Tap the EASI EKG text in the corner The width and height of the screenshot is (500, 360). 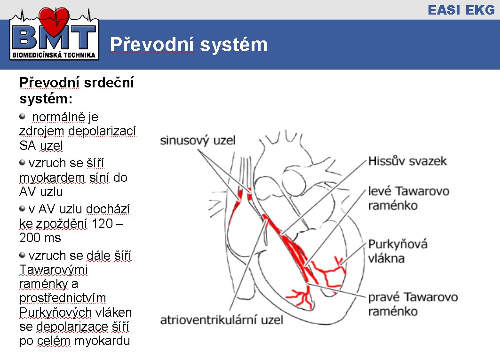(x=461, y=10)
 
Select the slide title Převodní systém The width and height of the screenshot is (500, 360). (x=189, y=45)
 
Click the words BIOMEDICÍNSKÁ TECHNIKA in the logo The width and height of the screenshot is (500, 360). (x=54, y=55)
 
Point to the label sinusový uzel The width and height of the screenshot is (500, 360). (x=198, y=140)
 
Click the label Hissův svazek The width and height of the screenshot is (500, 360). (x=407, y=161)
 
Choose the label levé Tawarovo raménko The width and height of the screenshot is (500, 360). (x=408, y=198)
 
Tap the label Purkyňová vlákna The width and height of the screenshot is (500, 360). (x=397, y=251)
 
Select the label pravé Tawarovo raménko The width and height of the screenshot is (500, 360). (x=413, y=304)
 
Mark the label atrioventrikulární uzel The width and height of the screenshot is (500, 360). (x=222, y=320)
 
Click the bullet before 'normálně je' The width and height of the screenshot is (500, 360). (x=22, y=116)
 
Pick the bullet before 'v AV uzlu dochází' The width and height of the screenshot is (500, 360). (x=22, y=209)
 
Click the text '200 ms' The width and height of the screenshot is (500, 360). (x=40, y=238)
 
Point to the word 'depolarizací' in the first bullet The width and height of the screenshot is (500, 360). (x=102, y=131)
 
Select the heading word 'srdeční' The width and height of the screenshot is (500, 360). (x=108, y=83)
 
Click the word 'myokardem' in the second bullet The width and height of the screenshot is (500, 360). (x=52, y=178)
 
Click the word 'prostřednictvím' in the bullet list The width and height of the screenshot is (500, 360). (x=63, y=298)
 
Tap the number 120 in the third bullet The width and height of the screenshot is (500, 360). (x=102, y=224)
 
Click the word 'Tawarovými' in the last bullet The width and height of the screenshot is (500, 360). (x=53, y=270)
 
